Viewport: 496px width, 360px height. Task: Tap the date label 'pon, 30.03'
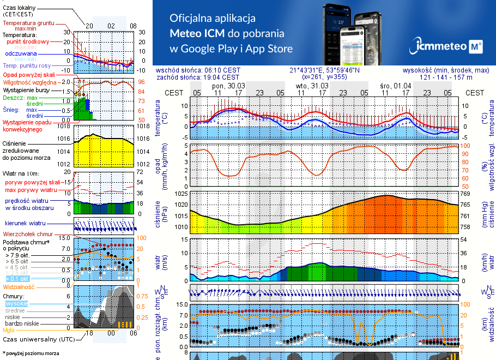click(228, 86)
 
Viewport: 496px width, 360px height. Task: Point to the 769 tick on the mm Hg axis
click(467, 194)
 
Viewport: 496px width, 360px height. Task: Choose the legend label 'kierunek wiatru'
click(26, 224)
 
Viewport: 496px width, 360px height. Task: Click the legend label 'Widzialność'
click(19, 286)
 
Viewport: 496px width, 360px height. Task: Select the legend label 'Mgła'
click(9, 329)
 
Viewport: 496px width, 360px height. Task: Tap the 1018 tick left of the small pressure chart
click(64, 126)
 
